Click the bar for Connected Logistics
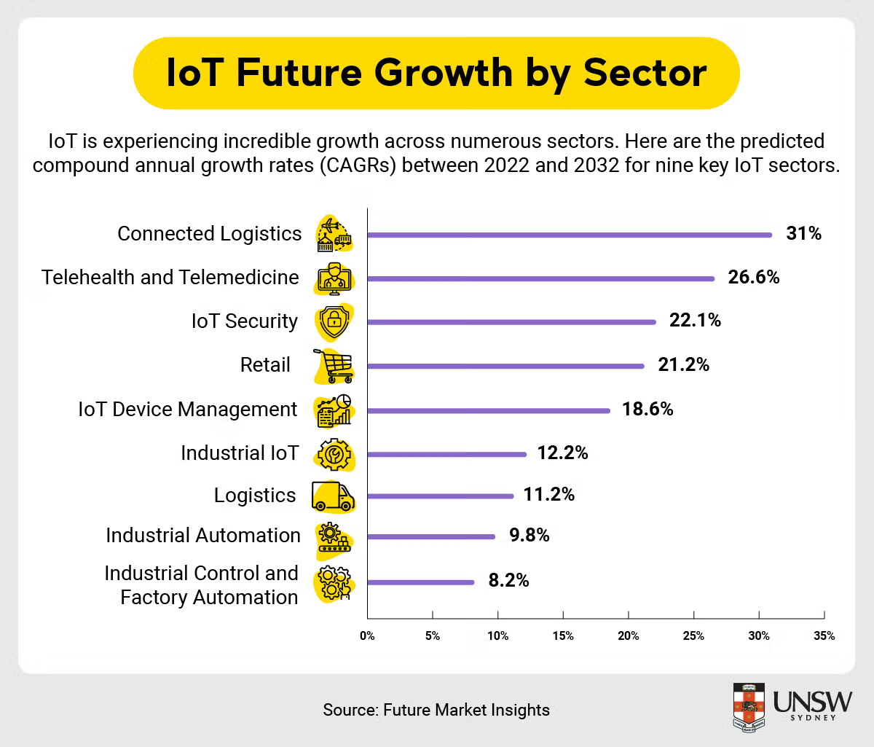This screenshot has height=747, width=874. pyautogui.click(x=569, y=235)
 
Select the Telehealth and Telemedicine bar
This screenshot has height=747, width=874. pyautogui.click(x=540, y=278)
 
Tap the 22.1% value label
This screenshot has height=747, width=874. pyautogui.click(x=695, y=321)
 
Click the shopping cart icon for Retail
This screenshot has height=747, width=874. pyautogui.click(x=334, y=366)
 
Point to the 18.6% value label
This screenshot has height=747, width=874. pyautogui.click(x=647, y=410)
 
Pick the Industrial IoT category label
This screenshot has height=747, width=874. pyautogui.click(x=240, y=453)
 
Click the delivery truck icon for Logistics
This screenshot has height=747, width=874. pyautogui.click(x=333, y=496)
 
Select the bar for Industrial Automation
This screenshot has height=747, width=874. pyautogui.click(x=431, y=537)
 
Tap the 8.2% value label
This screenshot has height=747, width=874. pyautogui.click(x=508, y=581)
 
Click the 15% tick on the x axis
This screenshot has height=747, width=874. pyautogui.click(x=563, y=636)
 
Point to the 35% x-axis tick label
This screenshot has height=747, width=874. pyautogui.click(x=824, y=636)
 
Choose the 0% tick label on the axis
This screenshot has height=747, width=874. pyautogui.click(x=367, y=636)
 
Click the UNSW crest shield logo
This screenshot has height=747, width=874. pyautogui.click(x=748, y=707)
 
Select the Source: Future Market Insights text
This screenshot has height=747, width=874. pyautogui.click(x=436, y=710)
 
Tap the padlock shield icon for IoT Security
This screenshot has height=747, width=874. pyautogui.click(x=334, y=321)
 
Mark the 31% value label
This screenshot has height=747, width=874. pyautogui.click(x=803, y=234)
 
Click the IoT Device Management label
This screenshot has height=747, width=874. pyautogui.click(x=188, y=410)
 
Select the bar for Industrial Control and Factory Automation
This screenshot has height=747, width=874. pyautogui.click(x=421, y=582)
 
